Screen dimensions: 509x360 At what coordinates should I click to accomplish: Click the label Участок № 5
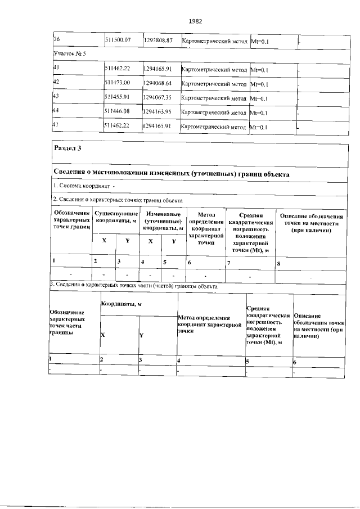click(70, 54)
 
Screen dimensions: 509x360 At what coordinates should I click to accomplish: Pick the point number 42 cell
click(56, 83)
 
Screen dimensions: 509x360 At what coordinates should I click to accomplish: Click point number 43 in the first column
click(56, 97)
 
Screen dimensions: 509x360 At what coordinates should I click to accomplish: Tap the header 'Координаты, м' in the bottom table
click(120, 304)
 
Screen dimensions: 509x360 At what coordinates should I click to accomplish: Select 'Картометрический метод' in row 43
click(214, 97)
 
